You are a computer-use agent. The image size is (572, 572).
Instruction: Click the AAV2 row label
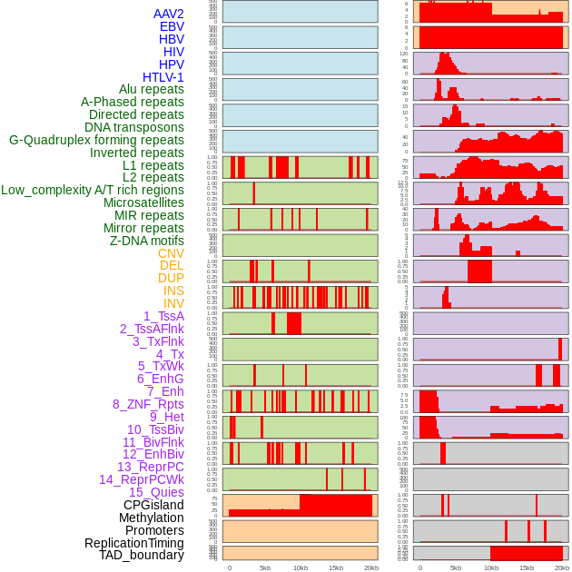click(169, 14)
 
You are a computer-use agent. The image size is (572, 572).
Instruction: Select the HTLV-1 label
click(163, 77)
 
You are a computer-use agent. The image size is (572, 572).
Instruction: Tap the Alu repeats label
click(152, 90)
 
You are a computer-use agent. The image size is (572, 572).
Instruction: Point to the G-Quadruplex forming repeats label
click(97, 140)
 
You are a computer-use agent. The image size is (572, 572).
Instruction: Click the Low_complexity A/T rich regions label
click(93, 190)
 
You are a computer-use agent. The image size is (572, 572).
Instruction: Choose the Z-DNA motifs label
click(147, 241)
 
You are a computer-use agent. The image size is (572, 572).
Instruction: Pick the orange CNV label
click(171, 253)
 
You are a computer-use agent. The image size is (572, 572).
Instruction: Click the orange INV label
click(173, 303)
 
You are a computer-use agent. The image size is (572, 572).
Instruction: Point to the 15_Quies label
click(156, 492)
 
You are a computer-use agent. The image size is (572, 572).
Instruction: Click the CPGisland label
click(153, 505)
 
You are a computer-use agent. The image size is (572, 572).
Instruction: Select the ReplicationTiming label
click(134, 543)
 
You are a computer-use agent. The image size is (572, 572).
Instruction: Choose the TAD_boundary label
click(142, 555)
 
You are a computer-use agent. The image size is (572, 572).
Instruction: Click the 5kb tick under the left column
click(265, 567)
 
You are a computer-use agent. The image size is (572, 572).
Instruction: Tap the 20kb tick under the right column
click(562, 567)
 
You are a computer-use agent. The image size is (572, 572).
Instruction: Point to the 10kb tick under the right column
click(491, 567)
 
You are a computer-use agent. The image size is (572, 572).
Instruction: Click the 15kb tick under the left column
click(336, 567)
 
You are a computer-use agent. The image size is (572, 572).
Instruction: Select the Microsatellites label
click(143, 202)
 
